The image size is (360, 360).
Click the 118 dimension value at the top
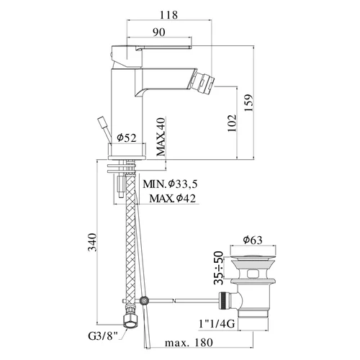(x=168, y=15)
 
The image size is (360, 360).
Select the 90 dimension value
(x=159, y=32)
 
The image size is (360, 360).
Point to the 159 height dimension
(x=248, y=103)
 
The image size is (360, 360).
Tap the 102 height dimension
(x=232, y=123)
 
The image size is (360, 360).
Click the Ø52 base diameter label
(x=127, y=138)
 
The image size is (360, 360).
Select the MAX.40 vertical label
(x=161, y=137)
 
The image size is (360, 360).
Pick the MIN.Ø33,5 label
(x=170, y=184)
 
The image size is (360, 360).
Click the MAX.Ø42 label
(x=172, y=198)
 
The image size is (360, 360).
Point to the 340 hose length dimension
(x=92, y=242)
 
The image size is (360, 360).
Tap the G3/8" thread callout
(x=104, y=336)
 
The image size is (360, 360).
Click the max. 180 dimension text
(x=189, y=343)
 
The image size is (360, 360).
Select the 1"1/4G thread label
(x=217, y=324)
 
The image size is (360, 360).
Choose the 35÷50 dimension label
(x=218, y=268)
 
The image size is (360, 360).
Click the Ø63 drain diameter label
(x=253, y=240)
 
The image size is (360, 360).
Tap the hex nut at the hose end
(x=131, y=321)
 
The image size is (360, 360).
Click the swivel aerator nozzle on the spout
(x=203, y=81)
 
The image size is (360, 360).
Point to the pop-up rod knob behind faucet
(x=102, y=122)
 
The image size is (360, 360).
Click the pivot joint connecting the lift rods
(x=144, y=300)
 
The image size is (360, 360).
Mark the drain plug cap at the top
(x=253, y=257)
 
